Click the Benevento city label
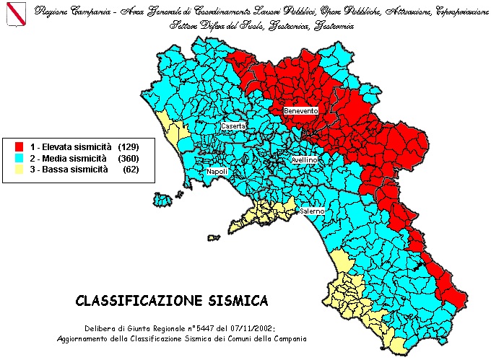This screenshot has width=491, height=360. (x=301, y=110)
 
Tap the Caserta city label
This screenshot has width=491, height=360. (x=233, y=126)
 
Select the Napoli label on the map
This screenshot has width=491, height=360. (x=217, y=172)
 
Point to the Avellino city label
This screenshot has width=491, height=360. (x=305, y=159)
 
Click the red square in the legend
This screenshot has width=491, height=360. (x=19, y=146)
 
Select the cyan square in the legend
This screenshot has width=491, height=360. (x=19, y=158)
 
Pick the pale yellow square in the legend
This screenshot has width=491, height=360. (x=19, y=170)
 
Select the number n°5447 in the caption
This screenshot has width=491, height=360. (x=209, y=328)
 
